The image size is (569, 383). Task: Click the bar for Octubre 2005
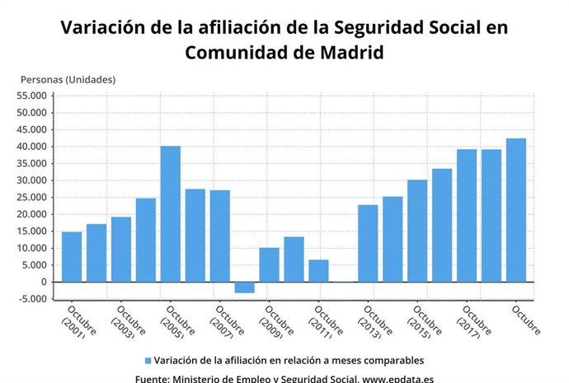170,214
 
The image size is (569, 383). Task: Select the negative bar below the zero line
244,287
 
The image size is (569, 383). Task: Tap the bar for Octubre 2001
72,257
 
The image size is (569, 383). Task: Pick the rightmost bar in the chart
516,210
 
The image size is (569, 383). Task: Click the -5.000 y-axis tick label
33,299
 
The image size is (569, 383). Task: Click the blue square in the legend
148,361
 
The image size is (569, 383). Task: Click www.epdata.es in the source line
398,378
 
